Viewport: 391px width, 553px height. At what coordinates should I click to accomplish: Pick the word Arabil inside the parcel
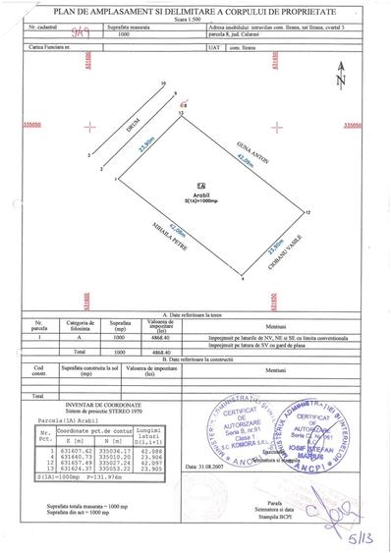tap(200, 193)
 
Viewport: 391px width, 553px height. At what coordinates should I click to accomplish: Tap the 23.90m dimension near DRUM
tap(146, 144)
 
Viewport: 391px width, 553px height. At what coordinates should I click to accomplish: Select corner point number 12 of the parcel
tap(307, 212)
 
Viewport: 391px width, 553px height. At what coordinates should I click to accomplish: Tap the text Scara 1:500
tap(197, 16)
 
